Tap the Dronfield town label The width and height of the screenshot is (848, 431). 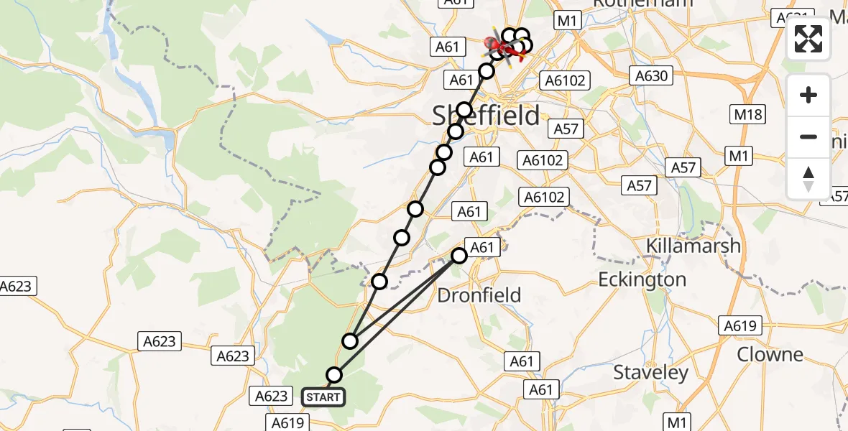[x=479, y=295]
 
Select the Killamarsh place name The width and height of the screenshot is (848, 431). [x=693, y=246]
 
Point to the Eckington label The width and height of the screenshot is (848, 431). [x=642, y=279]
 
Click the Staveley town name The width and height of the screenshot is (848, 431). [x=651, y=373]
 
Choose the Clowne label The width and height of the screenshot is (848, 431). [x=770, y=354]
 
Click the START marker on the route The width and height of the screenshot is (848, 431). [x=323, y=397]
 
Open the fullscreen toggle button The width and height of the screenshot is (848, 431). [x=808, y=39]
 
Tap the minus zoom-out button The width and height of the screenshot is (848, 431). [x=808, y=136]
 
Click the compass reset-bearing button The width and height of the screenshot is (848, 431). [x=808, y=178]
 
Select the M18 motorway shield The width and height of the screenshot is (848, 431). [x=748, y=113]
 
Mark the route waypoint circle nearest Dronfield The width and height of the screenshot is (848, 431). [x=459, y=255]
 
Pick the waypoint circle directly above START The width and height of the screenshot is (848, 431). [x=334, y=374]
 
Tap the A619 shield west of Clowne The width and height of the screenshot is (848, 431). [x=739, y=326]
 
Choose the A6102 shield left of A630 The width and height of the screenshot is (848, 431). [x=566, y=80]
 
